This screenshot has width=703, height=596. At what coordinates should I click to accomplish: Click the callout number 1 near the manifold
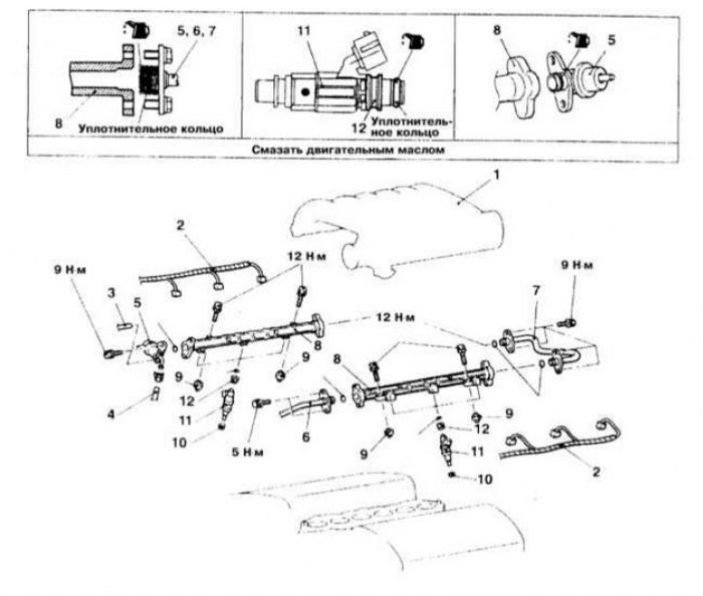point(496,174)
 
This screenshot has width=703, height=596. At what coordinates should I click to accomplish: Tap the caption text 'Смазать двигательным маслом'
point(348,149)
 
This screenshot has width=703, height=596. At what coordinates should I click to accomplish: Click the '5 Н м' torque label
point(247,452)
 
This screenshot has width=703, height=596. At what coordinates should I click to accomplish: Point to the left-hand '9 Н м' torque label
point(70,270)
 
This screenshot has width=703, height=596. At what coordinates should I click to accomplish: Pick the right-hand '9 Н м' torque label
point(577,265)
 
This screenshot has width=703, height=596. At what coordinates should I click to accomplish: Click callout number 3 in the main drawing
point(111,294)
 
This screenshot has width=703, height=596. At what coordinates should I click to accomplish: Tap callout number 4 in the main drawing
point(111,413)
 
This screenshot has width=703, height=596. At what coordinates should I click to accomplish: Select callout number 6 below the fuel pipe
point(306,436)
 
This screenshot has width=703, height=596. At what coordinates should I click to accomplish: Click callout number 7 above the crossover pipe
point(536,291)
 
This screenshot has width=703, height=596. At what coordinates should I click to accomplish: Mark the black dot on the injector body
point(305,92)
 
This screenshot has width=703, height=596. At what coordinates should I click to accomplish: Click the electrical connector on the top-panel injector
point(364,48)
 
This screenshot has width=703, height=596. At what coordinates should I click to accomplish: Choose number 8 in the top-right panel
point(496,31)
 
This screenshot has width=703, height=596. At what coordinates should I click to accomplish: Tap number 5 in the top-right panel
point(612,40)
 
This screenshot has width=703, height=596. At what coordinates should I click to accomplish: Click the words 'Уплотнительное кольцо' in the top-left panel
point(151,128)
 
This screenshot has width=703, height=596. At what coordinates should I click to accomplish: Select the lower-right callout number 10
point(485,479)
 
